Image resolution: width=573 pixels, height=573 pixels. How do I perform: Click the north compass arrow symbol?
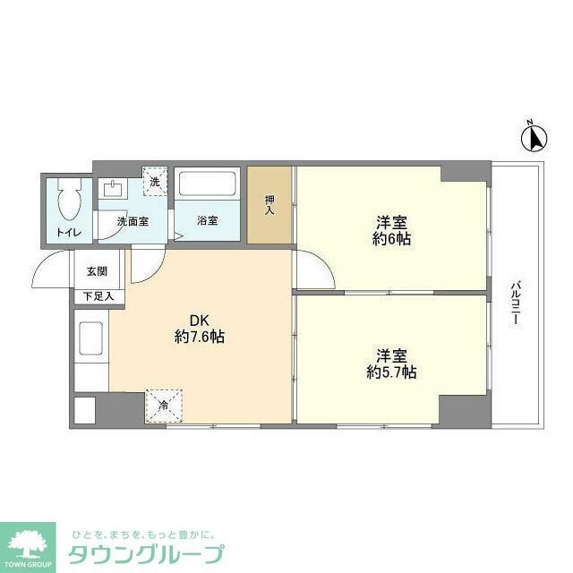[x=535, y=138]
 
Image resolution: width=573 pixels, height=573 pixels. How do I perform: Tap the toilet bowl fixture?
[x=68, y=204]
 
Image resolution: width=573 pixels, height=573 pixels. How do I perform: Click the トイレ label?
[x=68, y=233]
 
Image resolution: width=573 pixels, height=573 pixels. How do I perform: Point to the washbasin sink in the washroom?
[x=114, y=189]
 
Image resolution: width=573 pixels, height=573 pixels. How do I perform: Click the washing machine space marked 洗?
[x=154, y=183]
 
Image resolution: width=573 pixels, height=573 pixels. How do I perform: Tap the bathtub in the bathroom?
[x=207, y=186]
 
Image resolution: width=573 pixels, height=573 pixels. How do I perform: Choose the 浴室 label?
[x=207, y=220]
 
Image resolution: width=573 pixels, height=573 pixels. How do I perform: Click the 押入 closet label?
[x=269, y=204]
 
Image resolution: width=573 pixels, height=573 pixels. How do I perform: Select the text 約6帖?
[x=391, y=239]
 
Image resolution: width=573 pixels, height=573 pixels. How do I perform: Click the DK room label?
[x=199, y=320]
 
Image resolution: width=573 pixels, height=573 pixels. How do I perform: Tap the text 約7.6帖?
[x=199, y=338]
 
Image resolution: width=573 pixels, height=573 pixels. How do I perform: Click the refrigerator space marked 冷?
[x=163, y=405]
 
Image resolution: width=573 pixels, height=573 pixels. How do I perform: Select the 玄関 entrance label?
[x=97, y=271]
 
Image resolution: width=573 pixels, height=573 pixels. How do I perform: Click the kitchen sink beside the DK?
[x=91, y=339]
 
